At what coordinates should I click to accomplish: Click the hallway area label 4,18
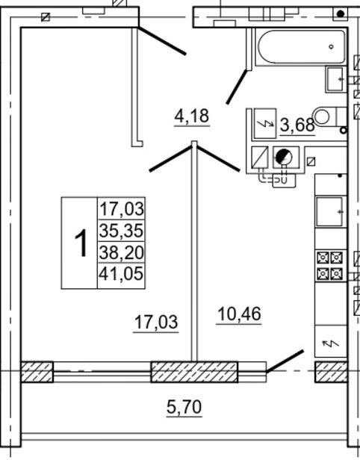(192, 116)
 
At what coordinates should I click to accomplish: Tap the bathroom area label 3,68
(297, 125)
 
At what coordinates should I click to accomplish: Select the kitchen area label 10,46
(239, 314)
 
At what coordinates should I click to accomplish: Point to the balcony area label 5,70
(184, 406)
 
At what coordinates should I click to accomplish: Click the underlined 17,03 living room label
(156, 322)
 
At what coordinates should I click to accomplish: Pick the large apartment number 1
(81, 243)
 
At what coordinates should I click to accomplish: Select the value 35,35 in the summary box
(121, 231)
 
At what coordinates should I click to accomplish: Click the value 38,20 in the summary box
(121, 252)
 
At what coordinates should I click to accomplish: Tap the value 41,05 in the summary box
(121, 273)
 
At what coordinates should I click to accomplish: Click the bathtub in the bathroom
(301, 47)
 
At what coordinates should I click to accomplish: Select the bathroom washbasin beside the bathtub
(335, 79)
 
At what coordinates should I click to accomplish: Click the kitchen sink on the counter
(329, 212)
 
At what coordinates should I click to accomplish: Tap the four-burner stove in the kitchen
(329, 266)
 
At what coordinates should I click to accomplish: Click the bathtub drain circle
(332, 46)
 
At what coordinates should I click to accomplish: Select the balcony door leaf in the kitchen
(285, 361)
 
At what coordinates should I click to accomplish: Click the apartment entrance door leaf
(162, 41)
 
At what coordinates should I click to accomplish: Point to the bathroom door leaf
(236, 87)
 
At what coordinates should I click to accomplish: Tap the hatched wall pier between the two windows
(194, 372)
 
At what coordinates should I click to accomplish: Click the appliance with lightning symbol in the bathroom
(265, 123)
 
